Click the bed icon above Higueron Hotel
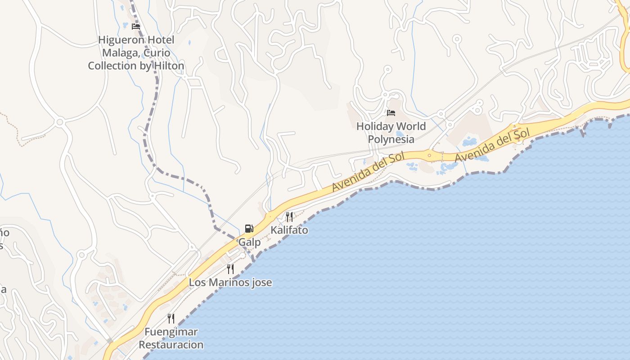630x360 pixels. point(136,27)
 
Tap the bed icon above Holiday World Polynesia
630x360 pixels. point(391,112)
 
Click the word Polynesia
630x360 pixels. point(391,139)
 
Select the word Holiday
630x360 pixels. point(375,126)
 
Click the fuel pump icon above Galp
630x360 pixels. point(249,229)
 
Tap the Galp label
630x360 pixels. point(249,243)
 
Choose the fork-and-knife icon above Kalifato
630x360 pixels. point(289,216)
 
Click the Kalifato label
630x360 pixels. point(289,230)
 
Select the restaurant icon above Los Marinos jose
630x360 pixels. point(230,269)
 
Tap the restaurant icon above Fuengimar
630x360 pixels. point(171,319)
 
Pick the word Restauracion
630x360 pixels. point(171,345)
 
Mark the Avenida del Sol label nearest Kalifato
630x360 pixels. point(368,173)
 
